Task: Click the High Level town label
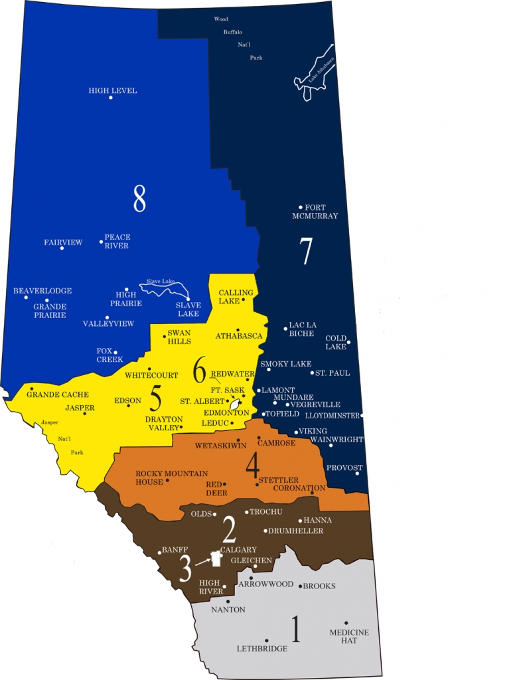pyautogui.click(x=113, y=90)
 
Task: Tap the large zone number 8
pyautogui.click(x=139, y=198)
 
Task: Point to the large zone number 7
pyautogui.click(x=305, y=251)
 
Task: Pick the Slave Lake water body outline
pyautogui.click(x=164, y=289)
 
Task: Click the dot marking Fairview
pyautogui.click(x=62, y=248)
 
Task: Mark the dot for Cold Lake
pyautogui.click(x=348, y=343)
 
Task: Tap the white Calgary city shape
pyautogui.click(x=216, y=560)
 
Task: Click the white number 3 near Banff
pyautogui.click(x=185, y=568)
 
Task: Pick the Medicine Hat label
pyautogui.click(x=349, y=636)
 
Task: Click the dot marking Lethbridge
pyautogui.click(x=267, y=640)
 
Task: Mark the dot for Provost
pyautogui.click(x=358, y=474)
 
